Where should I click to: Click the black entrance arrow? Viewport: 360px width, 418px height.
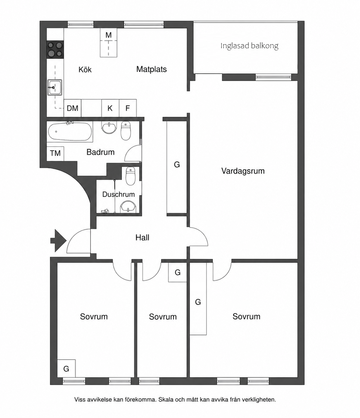tap(58, 241)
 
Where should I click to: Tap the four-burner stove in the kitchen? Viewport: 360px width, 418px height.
tap(55, 50)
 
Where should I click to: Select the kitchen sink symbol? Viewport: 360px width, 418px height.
tap(55, 87)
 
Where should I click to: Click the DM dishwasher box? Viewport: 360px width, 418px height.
tap(73, 108)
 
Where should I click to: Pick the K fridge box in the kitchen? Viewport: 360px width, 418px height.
tap(110, 108)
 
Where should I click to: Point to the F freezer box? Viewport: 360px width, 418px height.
tap(128, 108)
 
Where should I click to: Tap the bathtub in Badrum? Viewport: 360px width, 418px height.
tap(70, 131)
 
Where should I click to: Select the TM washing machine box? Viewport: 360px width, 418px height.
tap(55, 153)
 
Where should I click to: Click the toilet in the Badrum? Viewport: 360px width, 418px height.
tap(126, 131)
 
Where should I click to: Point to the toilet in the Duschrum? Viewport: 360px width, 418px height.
tap(131, 176)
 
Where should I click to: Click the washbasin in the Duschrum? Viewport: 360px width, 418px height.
tap(128, 207)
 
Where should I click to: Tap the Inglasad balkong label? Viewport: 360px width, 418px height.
tap(249, 46)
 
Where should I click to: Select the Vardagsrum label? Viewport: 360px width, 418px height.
tap(243, 171)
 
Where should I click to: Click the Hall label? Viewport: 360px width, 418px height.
tap(142, 238)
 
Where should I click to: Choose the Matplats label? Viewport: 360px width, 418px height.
tap(152, 69)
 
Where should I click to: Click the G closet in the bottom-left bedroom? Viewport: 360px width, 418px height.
tap(66, 368)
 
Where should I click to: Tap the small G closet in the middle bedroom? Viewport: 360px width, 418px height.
tap(178, 272)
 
